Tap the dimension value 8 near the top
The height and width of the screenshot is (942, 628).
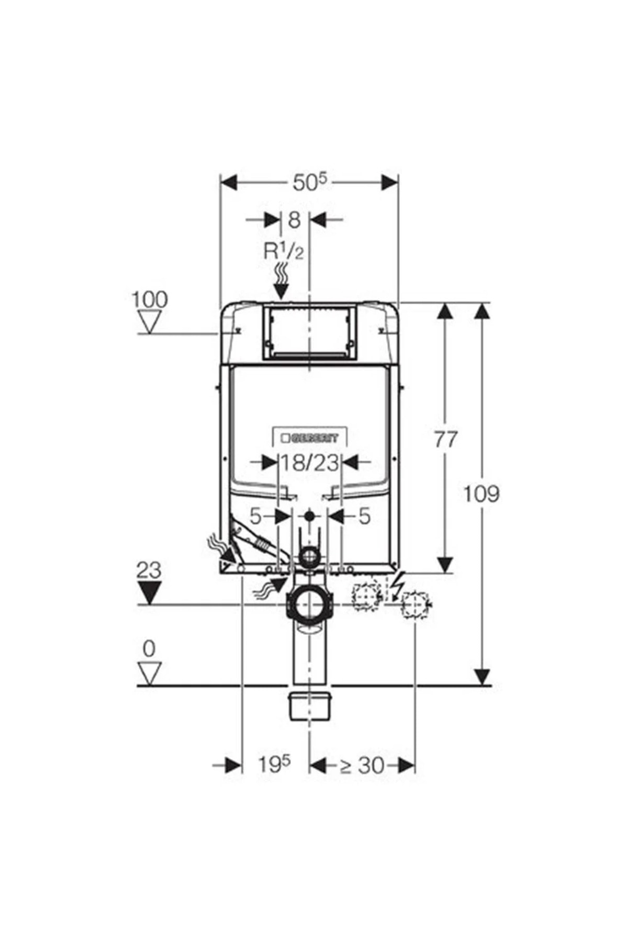point(295,220)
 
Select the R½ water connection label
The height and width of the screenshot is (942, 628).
point(283,252)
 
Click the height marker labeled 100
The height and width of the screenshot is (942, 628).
point(149,299)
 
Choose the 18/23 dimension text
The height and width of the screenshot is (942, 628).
point(309,463)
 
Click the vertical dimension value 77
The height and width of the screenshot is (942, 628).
point(445,439)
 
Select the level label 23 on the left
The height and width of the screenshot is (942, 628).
point(149,570)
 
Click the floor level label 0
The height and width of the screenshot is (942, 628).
point(149,649)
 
